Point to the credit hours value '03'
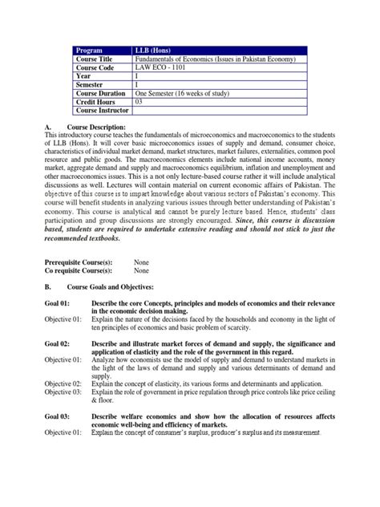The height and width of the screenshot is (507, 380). [139, 101]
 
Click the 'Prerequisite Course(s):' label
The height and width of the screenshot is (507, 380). [78, 262]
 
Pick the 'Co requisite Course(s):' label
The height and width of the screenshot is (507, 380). [78, 270]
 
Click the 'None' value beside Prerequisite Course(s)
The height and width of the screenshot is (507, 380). [142, 262]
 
